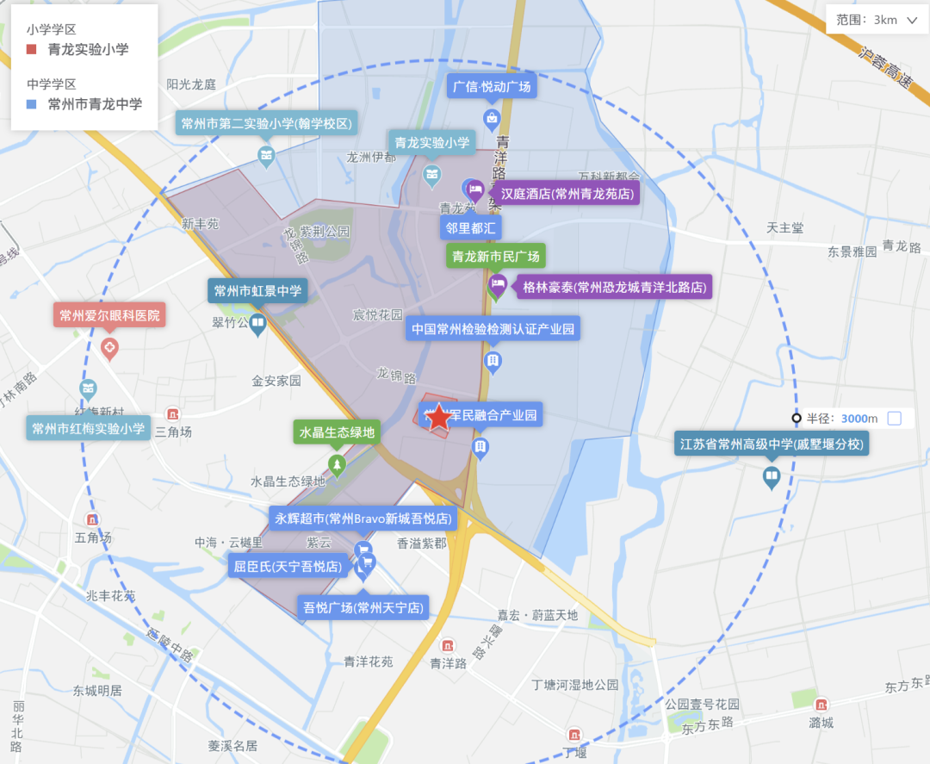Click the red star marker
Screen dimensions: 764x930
(438, 418)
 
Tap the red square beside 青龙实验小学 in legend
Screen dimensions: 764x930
(32, 49)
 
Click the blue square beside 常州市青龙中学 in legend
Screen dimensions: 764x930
(32, 104)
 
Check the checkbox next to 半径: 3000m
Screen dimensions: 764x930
(894, 419)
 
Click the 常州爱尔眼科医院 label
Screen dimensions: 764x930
(109, 315)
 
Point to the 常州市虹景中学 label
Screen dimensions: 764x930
(257, 291)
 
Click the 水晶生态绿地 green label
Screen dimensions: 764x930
(337, 432)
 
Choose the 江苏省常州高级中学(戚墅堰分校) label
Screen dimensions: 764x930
(772, 444)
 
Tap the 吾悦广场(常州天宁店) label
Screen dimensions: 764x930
(364, 608)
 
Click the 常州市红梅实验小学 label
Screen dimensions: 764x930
(88, 428)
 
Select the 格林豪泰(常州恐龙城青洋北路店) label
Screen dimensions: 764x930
(615, 288)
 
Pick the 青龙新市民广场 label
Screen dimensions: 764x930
(496, 256)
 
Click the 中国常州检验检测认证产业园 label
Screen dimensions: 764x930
(493, 329)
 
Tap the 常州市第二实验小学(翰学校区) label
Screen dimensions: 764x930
(266, 124)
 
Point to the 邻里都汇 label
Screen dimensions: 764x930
(470, 227)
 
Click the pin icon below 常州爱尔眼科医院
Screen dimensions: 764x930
(109, 348)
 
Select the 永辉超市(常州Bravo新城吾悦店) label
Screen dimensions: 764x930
(363, 519)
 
